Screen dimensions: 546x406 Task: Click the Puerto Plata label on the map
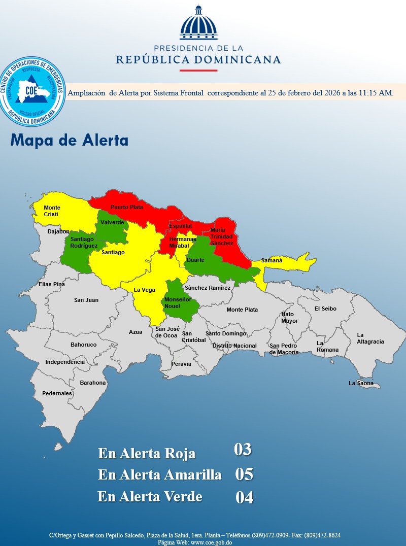[127, 207]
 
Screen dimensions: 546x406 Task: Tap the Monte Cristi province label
[52, 211]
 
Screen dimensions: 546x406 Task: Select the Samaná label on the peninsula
[272, 261]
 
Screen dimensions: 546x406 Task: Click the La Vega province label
[144, 290]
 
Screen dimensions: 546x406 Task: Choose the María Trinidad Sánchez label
[222, 237]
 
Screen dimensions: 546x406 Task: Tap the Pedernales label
[57, 393]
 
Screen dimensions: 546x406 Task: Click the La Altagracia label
[370, 338]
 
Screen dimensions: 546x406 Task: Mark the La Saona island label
[361, 383]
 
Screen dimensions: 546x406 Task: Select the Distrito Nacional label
[234, 346]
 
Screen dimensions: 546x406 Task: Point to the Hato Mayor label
[290, 318]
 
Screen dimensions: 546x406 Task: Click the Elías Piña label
[52, 284]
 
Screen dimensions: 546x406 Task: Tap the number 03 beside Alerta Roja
[243, 450]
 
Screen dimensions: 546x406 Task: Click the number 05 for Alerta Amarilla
[244, 474]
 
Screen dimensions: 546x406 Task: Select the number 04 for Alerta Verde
[244, 498]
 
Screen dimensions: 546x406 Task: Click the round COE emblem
[33, 91]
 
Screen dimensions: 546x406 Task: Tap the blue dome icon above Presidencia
[198, 23]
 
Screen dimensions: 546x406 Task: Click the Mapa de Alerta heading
[69, 140]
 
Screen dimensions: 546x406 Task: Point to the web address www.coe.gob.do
[211, 542]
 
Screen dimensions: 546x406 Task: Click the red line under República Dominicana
[198, 70]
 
